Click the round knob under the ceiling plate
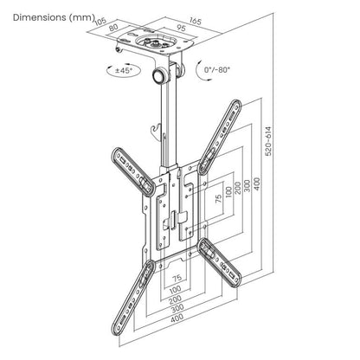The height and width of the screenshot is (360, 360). pos(162,77)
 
